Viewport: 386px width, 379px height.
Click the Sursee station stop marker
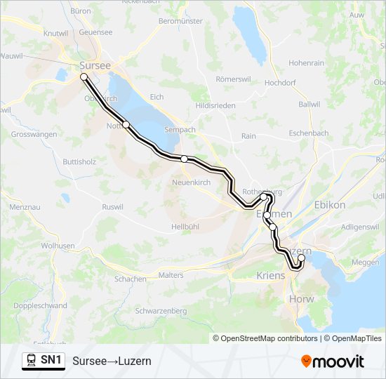tap(84, 77)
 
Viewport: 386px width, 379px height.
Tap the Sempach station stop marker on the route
tap(184, 159)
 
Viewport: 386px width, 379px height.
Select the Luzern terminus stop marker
tap(302, 258)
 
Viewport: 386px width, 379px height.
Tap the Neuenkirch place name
tap(192, 182)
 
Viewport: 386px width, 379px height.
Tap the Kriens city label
tap(272, 275)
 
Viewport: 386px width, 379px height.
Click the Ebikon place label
tap(330, 205)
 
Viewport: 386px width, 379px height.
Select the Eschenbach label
tap(309, 133)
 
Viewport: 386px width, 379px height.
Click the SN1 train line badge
tap(44, 361)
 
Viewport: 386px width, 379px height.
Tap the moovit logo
tap(333, 361)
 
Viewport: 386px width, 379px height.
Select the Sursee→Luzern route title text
tap(112, 361)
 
